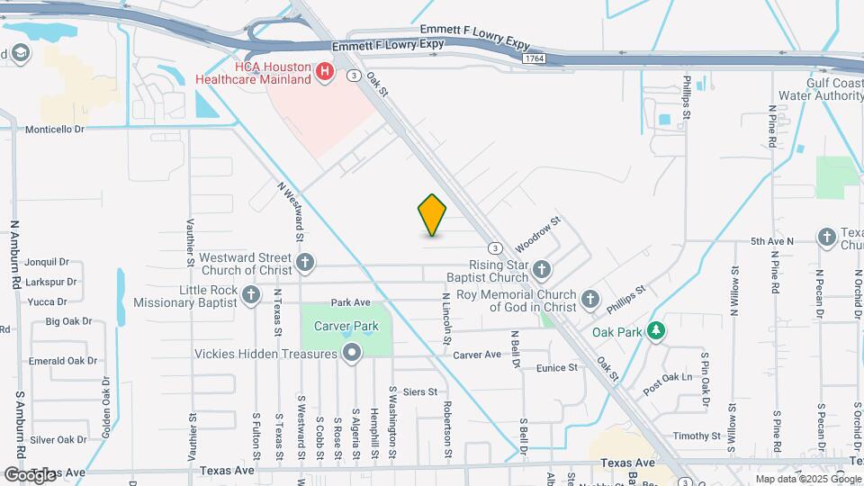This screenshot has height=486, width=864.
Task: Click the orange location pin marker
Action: (x=432, y=214)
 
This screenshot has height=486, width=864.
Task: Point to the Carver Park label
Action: (x=346, y=326)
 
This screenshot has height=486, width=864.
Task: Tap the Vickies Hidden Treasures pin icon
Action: (x=352, y=354)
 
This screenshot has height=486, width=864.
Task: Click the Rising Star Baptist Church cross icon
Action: (x=541, y=269)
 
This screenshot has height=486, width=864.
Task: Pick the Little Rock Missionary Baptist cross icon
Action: (x=251, y=295)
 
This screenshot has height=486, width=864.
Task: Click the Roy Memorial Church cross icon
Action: (x=589, y=300)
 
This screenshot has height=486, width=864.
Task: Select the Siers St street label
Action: (x=420, y=391)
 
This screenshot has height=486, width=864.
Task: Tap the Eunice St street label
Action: (x=556, y=368)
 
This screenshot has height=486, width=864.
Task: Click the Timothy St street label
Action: (x=691, y=436)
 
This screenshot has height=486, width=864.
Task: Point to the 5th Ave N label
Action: (x=772, y=241)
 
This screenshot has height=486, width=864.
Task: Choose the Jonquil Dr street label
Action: (x=48, y=263)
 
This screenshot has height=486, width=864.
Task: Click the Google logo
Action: (x=31, y=474)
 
